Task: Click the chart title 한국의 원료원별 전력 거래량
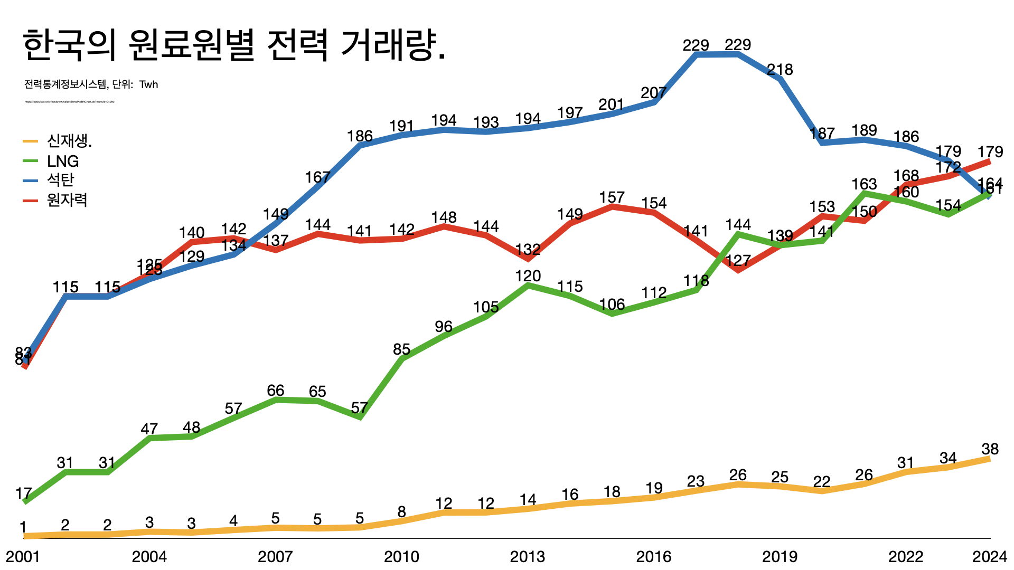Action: [234, 45]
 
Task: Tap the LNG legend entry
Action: [63, 161]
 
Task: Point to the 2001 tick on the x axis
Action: [23, 557]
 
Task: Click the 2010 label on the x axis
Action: [401, 557]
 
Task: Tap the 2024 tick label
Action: [990, 557]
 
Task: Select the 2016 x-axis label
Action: [654, 557]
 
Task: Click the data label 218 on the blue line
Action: [780, 70]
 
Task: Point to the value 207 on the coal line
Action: [654, 93]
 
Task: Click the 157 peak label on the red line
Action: [612, 197]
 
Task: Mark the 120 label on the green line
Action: [528, 276]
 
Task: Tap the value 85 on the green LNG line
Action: [402, 349]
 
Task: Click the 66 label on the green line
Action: [276, 391]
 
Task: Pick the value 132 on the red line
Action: [528, 250]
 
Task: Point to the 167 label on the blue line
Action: [318, 177]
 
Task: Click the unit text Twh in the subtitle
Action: [149, 84]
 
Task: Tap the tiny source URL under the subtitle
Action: [70, 102]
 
